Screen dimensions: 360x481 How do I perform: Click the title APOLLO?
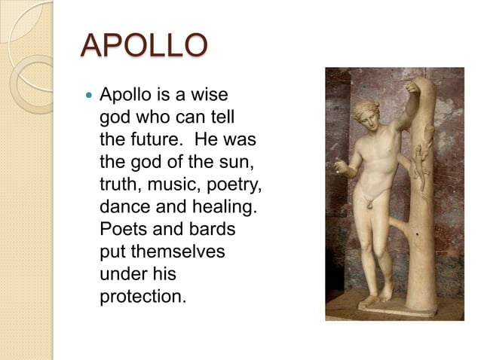pyautogui.click(x=144, y=46)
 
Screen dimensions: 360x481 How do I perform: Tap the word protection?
pyautogui.click(x=142, y=295)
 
